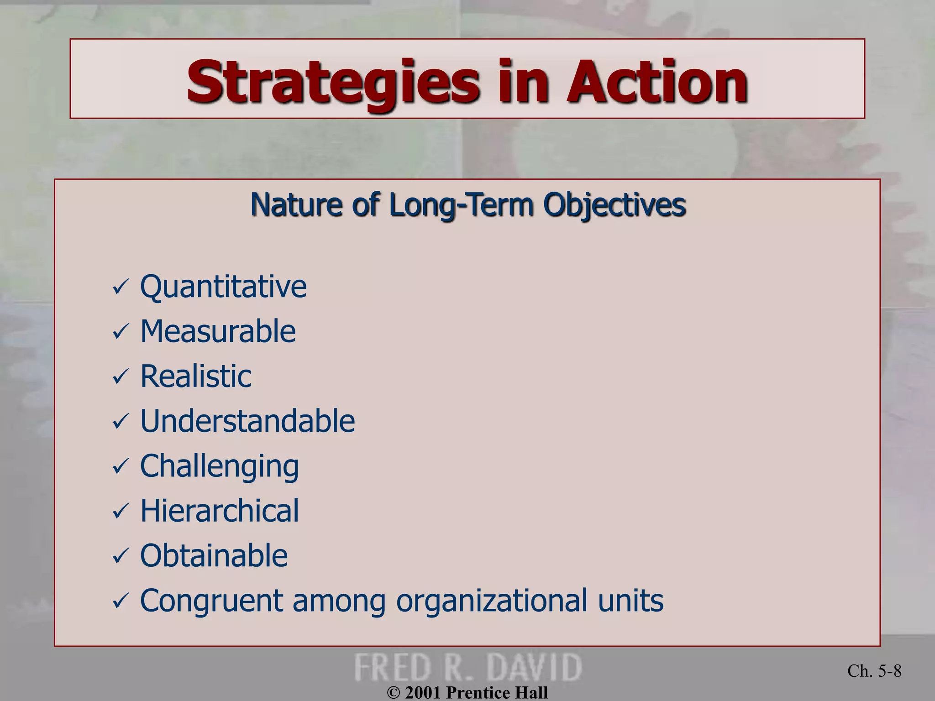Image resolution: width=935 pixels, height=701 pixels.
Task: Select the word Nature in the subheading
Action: [296, 204]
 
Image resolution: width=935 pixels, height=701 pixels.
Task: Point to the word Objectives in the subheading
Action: [614, 204]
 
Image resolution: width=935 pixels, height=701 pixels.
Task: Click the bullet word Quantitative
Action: [223, 287]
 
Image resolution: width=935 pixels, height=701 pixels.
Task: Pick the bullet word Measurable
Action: [218, 331]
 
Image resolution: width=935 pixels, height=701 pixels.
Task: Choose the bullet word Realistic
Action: [195, 376]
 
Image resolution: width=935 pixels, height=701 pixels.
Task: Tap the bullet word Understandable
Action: [247, 421]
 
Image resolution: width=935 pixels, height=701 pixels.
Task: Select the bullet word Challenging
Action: [219, 466]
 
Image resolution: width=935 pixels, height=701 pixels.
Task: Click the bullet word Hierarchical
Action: [219, 510]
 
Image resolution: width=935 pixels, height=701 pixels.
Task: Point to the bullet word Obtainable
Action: [214, 555]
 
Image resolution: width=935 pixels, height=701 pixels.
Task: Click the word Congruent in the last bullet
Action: [211, 601]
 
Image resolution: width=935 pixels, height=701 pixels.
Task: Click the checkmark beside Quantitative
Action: [121, 288]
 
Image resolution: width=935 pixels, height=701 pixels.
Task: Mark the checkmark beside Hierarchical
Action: [121, 511]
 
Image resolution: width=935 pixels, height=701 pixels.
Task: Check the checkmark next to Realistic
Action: [121, 377]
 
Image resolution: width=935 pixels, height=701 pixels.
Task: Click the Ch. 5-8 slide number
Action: [874, 671]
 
